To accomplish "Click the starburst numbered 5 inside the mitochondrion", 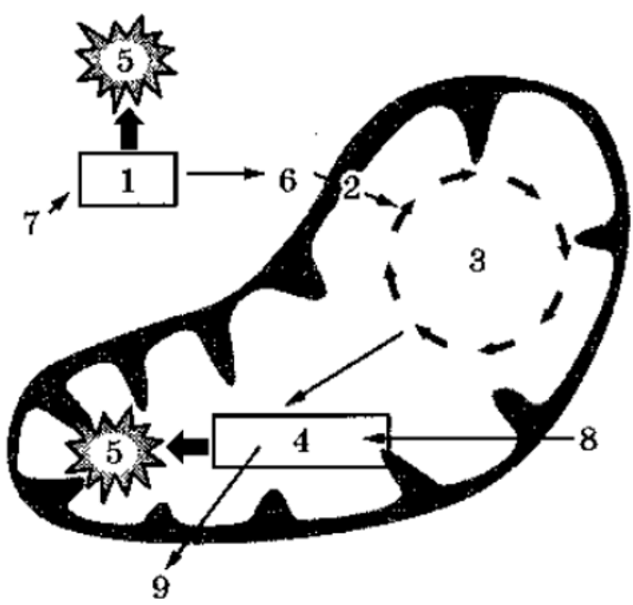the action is (x=115, y=453).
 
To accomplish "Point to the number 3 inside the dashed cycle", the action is (x=477, y=260).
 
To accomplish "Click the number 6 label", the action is (x=288, y=180).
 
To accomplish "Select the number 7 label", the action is (x=31, y=222).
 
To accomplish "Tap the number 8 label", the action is (x=588, y=439).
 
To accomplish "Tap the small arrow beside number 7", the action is (x=59, y=203).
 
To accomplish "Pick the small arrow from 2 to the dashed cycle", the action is (x=384, y=200).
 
